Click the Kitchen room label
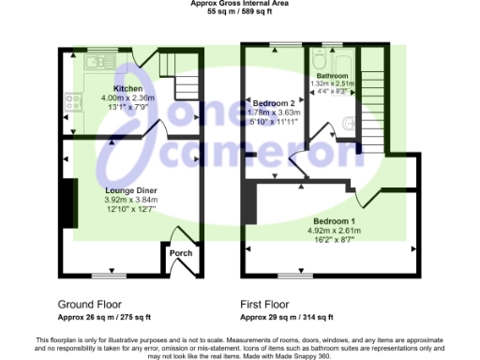[x=127, y=87]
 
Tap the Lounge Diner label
[x=130, y=190]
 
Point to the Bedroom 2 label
[x=274, y=103]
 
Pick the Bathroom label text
[x=332, y=74]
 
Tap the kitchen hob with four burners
[x=72, y=96]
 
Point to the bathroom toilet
[x=349, y=121]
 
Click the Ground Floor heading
[x=88, y=305]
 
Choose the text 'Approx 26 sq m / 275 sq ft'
[x=105, y=318]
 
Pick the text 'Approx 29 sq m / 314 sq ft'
[x=289, y=318]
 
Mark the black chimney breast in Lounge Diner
[x=67, y=199]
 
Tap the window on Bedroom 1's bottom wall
[x=297, y=276]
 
